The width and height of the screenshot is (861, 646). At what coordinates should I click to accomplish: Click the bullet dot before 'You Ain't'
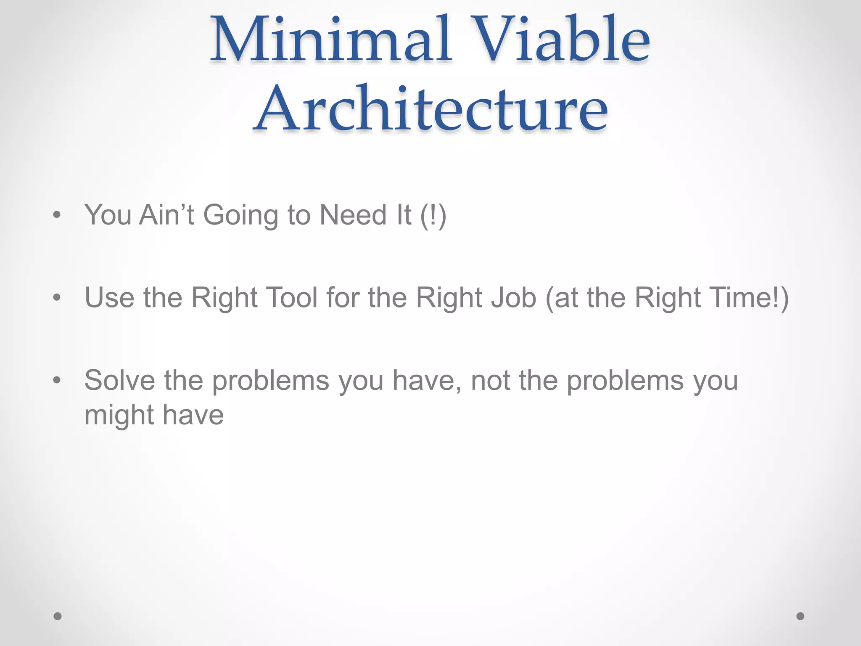tap(57, 216)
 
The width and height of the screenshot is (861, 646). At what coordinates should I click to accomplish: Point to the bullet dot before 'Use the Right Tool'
tap(57, 298)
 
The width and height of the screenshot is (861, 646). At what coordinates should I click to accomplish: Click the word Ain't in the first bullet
tap(166, 215)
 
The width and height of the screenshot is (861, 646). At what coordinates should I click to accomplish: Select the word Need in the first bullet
tap(353, 215)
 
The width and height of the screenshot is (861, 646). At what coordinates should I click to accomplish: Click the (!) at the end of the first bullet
tap(433, 216)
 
